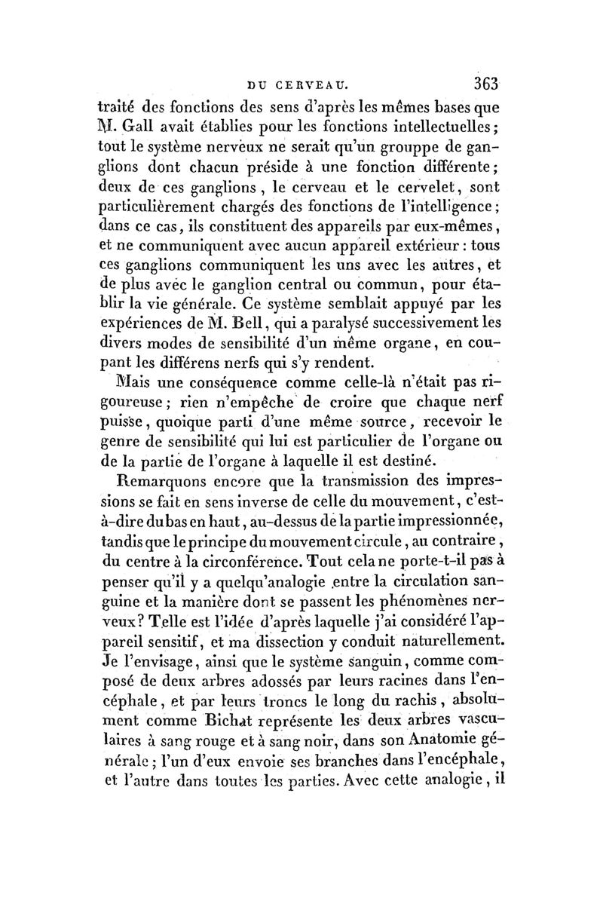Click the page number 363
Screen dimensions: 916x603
tap(482, 81)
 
